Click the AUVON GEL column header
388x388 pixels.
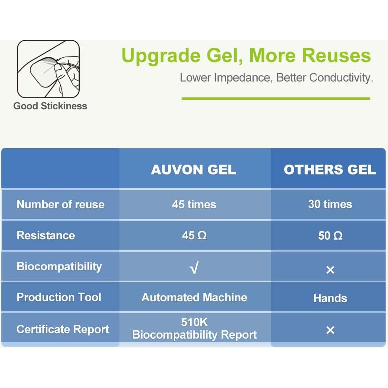pos(194,170)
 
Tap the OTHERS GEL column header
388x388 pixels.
pos(330,170)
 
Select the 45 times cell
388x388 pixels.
pos(194,204)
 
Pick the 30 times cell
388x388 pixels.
pos(330,204)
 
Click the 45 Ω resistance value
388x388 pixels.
pos(194,235)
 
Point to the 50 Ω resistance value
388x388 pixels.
pos(330,236)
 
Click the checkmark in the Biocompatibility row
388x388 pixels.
pos(194,268)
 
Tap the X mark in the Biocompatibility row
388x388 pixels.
pos(330,270)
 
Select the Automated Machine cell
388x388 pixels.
pos(194,297)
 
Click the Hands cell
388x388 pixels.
pos(330,298)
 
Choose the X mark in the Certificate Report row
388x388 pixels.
pos(330,330)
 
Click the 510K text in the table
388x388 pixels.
pos(194,322)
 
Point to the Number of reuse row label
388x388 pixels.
pos(60,204)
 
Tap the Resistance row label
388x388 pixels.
pos(46,235)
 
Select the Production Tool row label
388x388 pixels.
pos(59,297)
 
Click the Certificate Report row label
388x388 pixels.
pos(62,330)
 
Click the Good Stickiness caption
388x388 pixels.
pos(50,106)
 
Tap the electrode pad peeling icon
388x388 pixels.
pos(48,69)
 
